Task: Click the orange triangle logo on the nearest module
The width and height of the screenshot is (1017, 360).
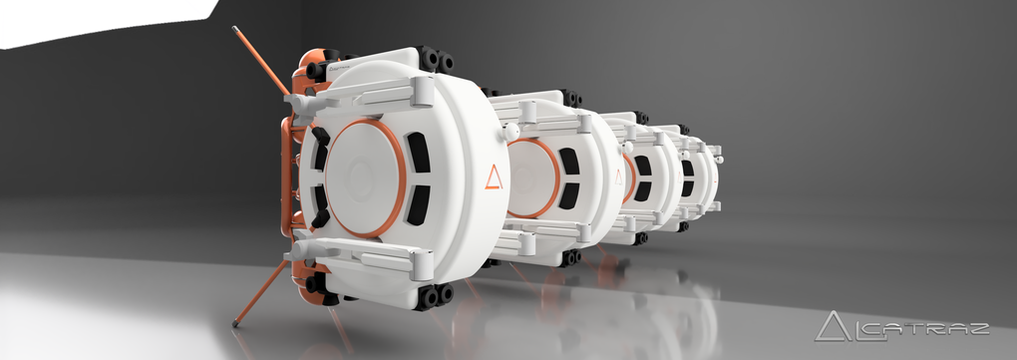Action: point(494,178)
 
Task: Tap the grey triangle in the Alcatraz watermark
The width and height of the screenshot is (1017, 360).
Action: point(833,326)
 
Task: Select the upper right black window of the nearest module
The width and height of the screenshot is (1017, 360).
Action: point(418,153)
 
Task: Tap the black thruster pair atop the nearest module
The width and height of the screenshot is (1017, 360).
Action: point(435,60)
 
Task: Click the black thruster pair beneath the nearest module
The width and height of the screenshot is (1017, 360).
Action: point(435,296)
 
